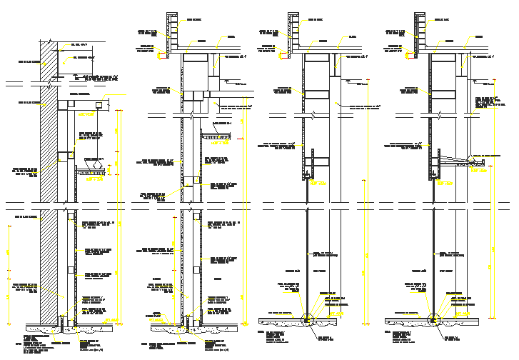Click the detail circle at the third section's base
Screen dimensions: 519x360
point(308,320)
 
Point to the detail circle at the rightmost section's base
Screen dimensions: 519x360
point(433,320)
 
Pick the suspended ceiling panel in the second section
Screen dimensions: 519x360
point(216,136)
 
